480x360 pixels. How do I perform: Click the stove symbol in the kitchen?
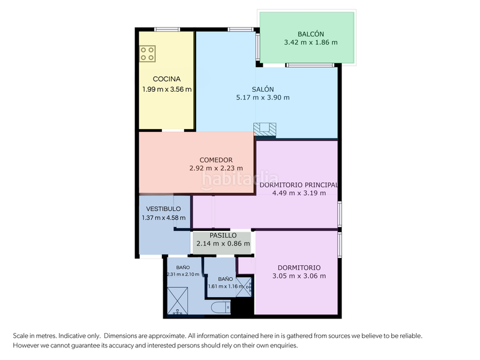point(148,53)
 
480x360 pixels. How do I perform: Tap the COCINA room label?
point(166,79)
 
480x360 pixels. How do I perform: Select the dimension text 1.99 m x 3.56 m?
point(167,89)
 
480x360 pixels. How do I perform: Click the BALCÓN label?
point(310,34)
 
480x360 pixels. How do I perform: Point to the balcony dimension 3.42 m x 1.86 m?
point(310,43)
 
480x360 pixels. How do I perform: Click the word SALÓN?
point(263,88)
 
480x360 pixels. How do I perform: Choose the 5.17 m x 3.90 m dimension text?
point(263,97)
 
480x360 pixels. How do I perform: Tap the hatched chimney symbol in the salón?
point(265,129)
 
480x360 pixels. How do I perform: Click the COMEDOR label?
point(215,160)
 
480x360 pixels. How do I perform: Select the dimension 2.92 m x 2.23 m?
point(215,169)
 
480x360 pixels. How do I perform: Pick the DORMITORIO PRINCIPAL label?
point(299,185)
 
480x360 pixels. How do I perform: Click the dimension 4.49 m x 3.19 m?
point(299,193)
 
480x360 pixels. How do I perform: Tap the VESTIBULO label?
point(163,209)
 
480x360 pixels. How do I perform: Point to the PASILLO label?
point(223,236)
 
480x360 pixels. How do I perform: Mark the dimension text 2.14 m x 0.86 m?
point(223,244)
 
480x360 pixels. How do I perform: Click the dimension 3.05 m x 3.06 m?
point(299,276)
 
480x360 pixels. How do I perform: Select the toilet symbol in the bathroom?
point(220,308)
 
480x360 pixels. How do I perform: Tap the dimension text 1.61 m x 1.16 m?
point(226,286)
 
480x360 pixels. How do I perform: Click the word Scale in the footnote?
point(22,336)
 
